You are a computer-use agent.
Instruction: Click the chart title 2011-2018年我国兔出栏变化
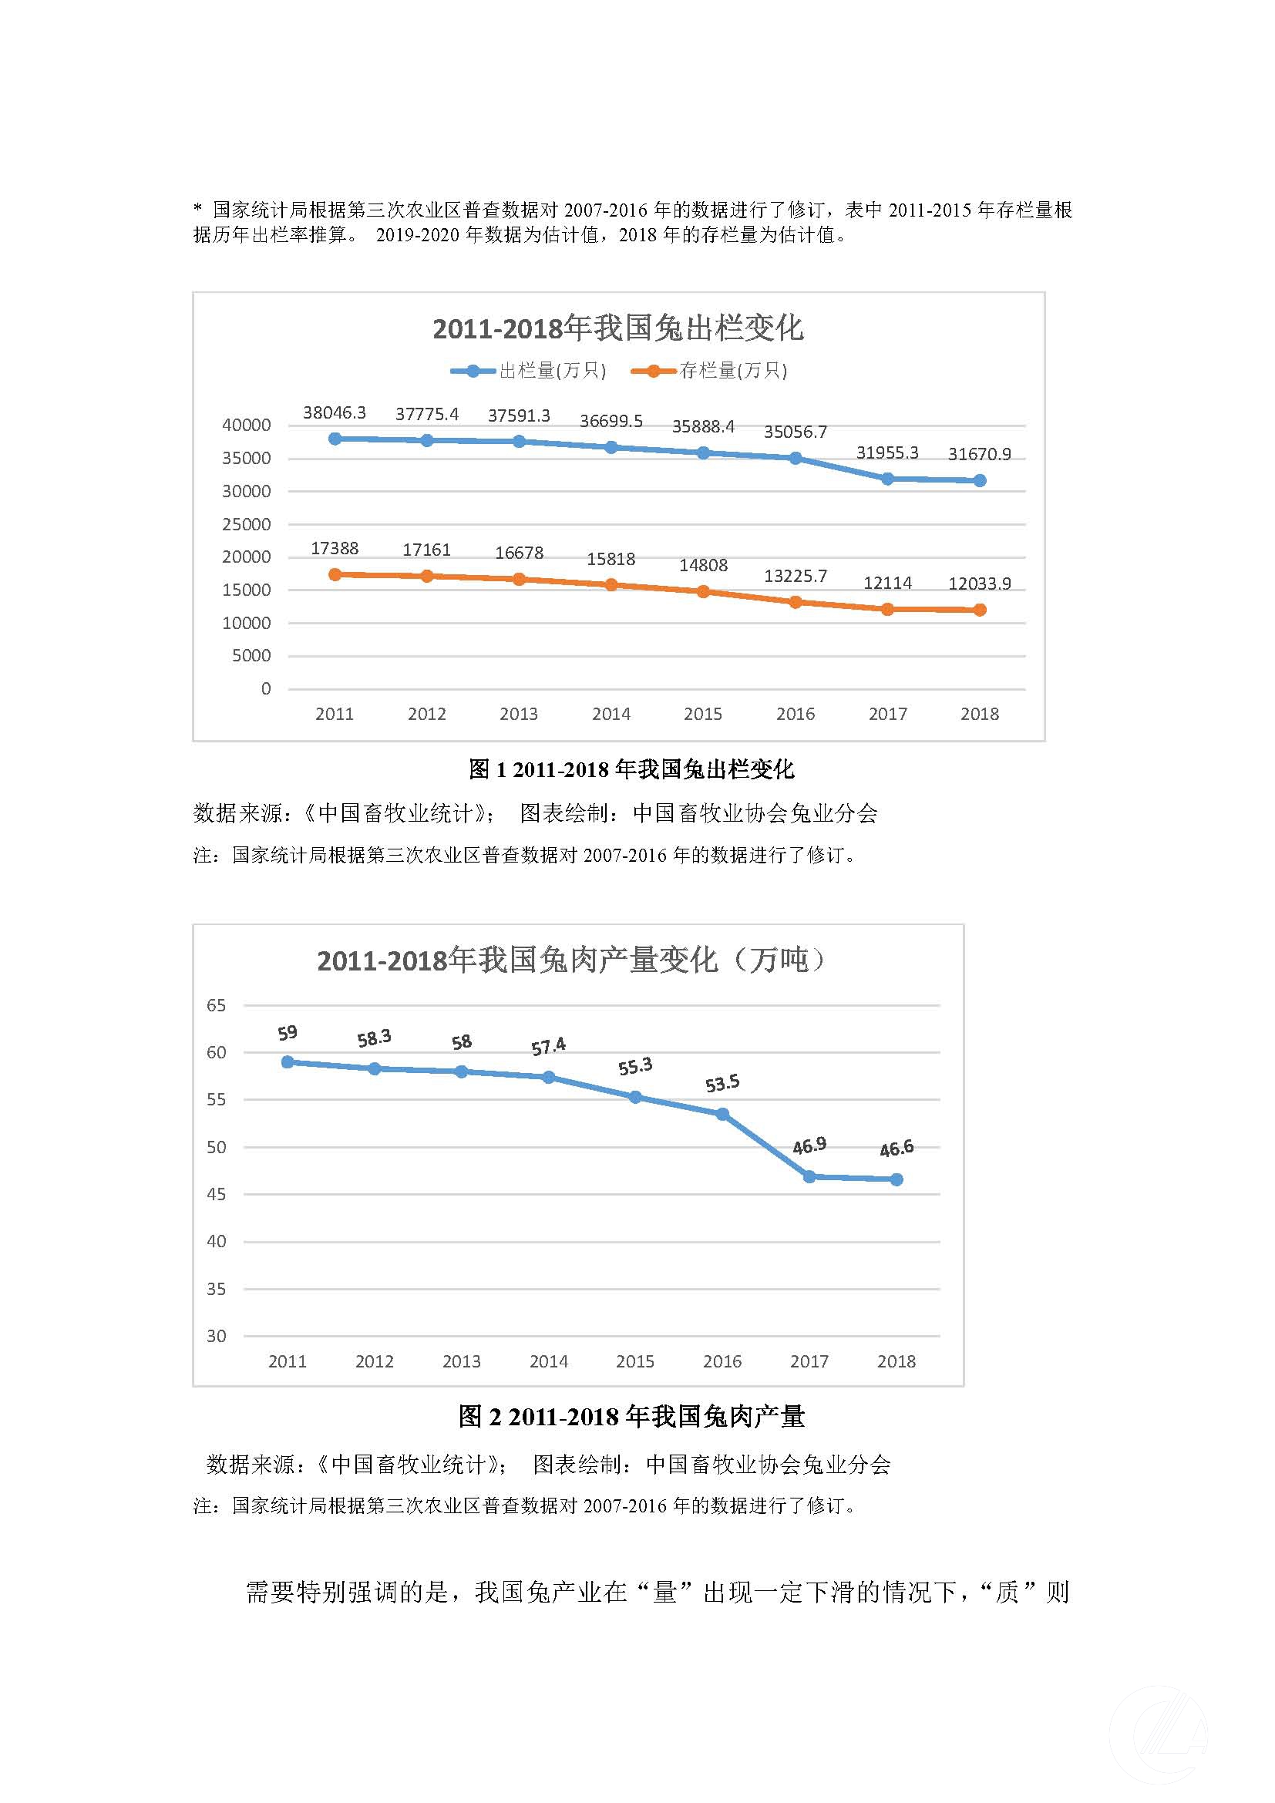(618, 328)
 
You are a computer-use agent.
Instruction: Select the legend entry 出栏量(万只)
(552, 371)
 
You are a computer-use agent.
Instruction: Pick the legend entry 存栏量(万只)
(732, 371)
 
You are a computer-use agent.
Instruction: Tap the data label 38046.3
(335, 413)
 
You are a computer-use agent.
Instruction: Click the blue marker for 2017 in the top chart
(887, 479)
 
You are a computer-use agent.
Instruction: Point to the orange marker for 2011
(335, 575)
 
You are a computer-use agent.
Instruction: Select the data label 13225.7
(796, 577)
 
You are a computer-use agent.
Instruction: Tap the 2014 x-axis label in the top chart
(611, 715)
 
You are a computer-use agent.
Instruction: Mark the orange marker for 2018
(980, 611)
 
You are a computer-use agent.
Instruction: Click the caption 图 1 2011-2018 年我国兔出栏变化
(631, 769)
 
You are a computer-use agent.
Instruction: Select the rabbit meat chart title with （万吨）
(570, 960)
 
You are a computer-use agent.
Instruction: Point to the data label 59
(288, 1034)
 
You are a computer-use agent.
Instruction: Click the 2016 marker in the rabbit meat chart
(722, 1115)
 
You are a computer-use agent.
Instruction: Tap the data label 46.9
(809, 1146)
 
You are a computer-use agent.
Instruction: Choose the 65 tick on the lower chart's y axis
(216, 1006)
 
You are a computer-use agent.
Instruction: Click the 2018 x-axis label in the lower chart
(896, 1361)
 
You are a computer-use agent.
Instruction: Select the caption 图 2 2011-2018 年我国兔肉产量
(631, 1417)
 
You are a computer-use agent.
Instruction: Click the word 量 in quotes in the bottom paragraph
(665, 1593)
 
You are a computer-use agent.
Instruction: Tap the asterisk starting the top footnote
(198, 210)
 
